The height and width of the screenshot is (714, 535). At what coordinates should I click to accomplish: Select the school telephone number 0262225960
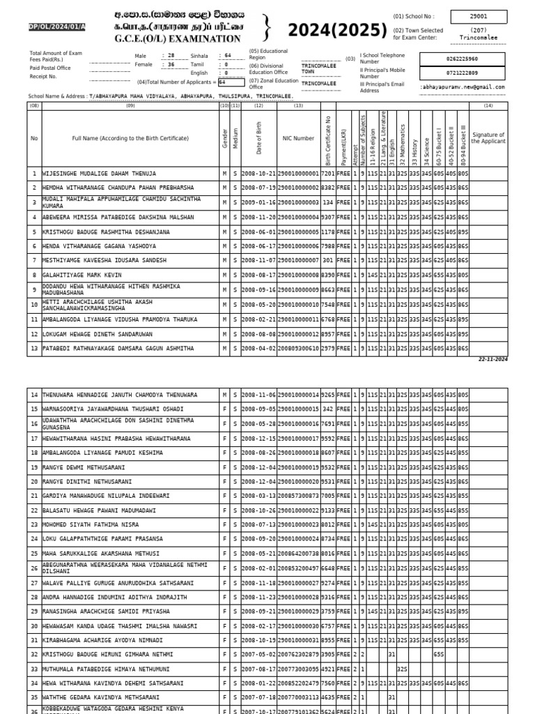(x=463, y=59)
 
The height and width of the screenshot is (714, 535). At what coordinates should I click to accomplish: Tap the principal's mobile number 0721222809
(x=463, y=73)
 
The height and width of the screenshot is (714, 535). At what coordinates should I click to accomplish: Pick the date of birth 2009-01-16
(x=258, y=202)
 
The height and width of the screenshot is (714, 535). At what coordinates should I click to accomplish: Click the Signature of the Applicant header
(x=488, y=138)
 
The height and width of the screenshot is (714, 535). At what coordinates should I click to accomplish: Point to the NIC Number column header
(x=298, y=139)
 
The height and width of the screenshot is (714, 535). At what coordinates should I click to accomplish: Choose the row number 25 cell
(x=34, y=553)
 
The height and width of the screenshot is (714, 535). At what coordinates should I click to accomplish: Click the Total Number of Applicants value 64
(x=222, y=82)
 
